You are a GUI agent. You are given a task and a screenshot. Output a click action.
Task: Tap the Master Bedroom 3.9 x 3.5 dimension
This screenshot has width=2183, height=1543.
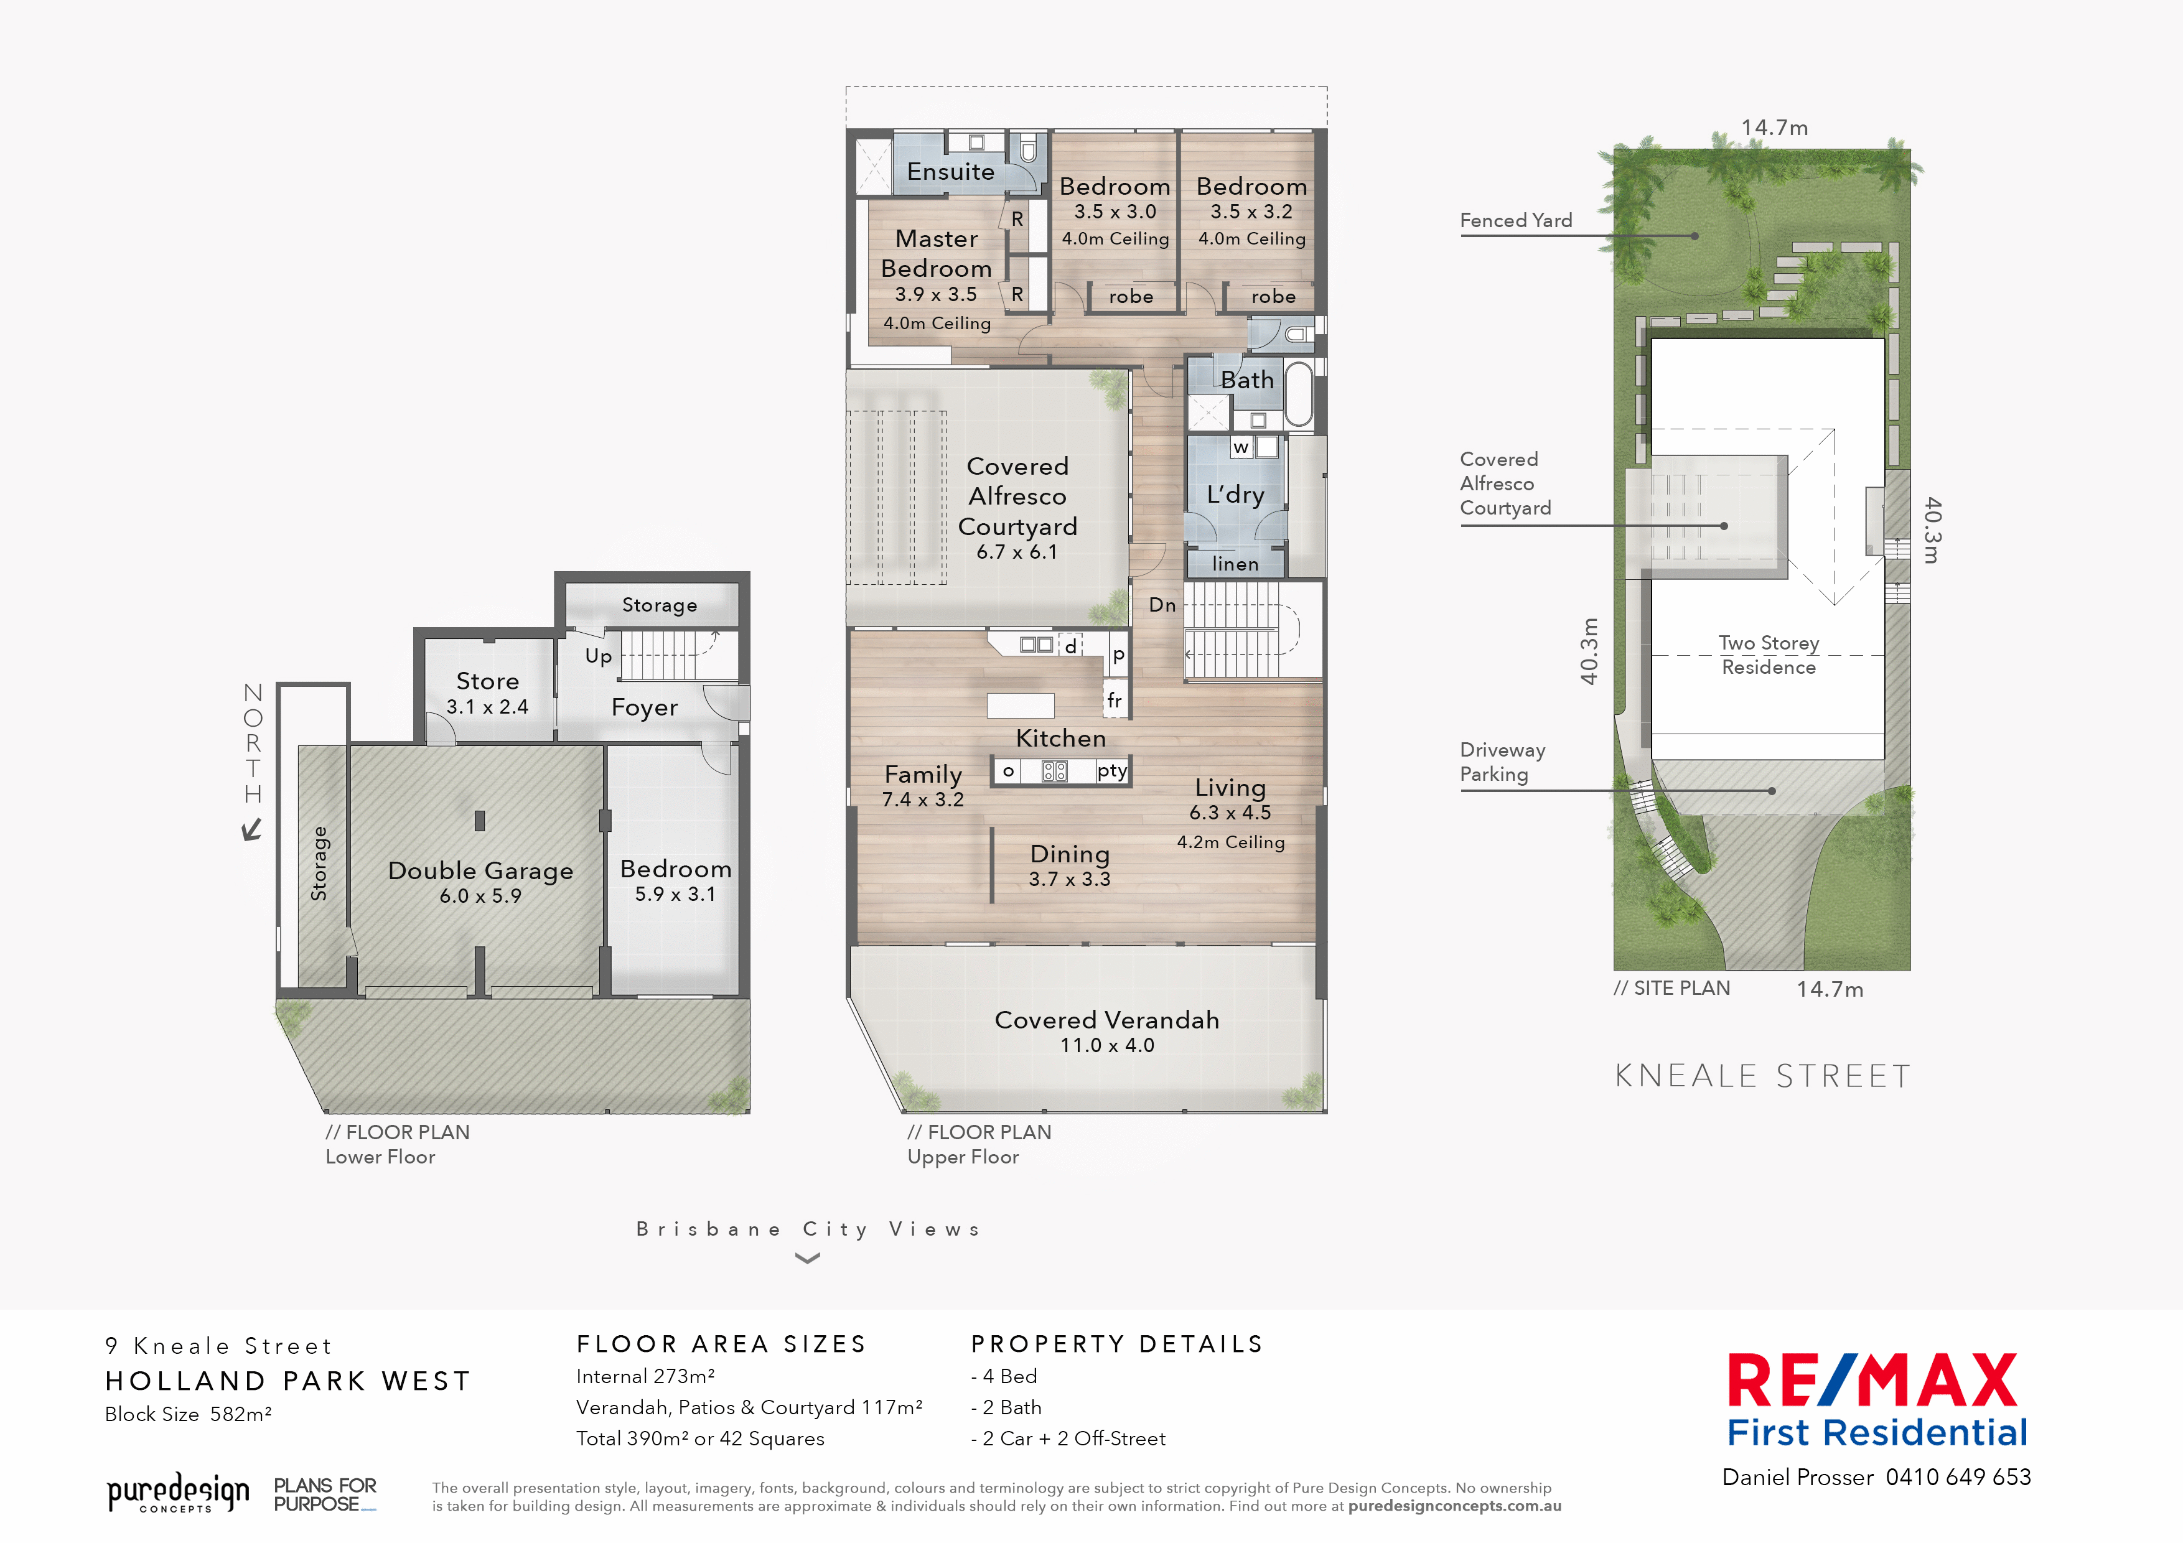point(935,295)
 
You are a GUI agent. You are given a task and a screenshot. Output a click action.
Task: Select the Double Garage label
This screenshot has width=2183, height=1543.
point(480,871)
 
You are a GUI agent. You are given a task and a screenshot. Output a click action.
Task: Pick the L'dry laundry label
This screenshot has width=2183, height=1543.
point(1235,495)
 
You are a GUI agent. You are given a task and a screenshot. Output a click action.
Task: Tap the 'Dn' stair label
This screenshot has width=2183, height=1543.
point(1162,605)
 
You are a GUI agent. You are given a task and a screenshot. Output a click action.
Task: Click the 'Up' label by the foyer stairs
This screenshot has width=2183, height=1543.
point(598,656)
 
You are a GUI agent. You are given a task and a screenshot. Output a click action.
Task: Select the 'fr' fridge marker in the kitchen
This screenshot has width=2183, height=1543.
point(1115,700)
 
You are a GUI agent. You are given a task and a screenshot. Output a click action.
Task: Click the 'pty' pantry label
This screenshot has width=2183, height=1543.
point(1111,770)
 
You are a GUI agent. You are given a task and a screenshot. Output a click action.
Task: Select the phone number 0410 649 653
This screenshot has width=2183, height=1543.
point(1958,1478)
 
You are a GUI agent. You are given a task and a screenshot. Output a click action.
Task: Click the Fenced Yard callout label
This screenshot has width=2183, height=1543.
point(1515,221)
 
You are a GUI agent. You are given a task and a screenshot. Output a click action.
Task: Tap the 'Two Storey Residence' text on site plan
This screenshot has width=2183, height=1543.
point(1769,655)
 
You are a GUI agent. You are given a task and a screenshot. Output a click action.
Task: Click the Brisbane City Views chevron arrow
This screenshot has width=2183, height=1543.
point(807,1259)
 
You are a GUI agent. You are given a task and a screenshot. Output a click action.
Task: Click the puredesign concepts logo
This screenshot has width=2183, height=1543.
point(178,1493)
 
